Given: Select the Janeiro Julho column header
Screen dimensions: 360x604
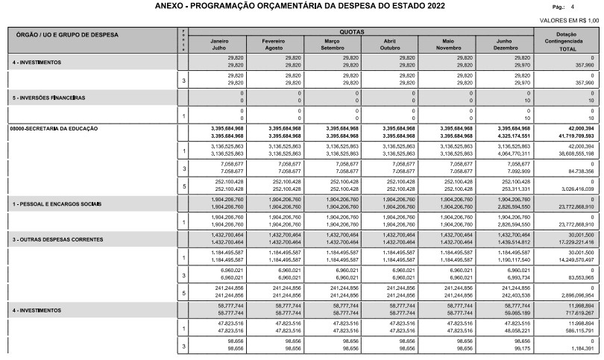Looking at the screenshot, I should coord(218,43).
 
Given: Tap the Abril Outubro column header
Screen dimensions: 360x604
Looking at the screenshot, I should coord(388,43).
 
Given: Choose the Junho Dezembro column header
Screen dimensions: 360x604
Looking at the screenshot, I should coord(504,43).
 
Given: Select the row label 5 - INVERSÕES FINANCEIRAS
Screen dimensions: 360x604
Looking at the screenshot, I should coord(48,98).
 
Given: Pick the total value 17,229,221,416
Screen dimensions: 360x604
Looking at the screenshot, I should coord(575,222).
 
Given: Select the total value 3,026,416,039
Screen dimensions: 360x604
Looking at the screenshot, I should coord(576,190).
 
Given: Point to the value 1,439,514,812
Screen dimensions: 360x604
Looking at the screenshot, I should coord(514,222).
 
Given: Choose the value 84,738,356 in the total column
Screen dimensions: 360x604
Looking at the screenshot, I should coord(579,171).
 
